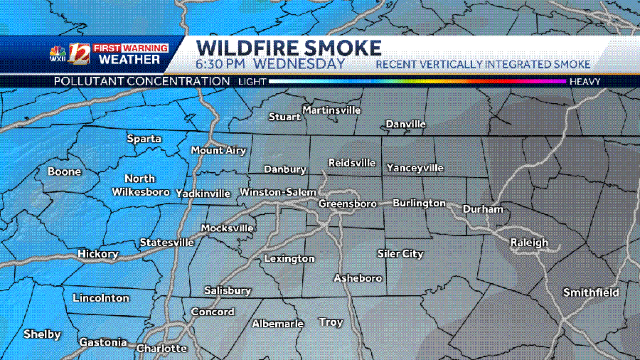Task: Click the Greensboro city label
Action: point(347,203)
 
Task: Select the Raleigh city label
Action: point(529,243)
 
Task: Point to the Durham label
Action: point(483,209)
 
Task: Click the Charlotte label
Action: point(161,349)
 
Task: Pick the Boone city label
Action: point(64,171)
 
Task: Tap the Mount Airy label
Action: point(218,150)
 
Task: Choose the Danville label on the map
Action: point(405,124)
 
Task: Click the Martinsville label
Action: point(331,110)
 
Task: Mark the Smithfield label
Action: point(591,292)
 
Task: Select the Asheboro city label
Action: point(358,277)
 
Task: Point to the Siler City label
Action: point(400,253)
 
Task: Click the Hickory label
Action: point(97,253)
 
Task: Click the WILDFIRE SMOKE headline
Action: point(289,48)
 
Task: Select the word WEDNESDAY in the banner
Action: point(299,63)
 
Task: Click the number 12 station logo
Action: point(78,55)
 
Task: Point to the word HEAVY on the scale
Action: point(585,82)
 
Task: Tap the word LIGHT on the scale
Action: point(252,82)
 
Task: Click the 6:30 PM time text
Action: point(220,63)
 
